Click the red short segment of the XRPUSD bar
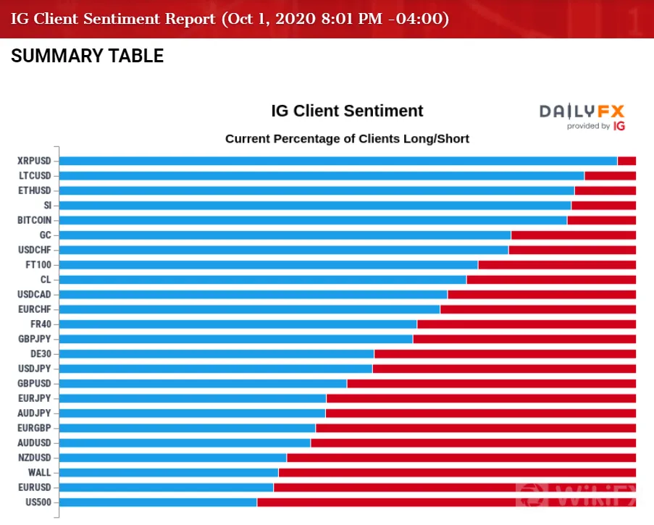point(627,161)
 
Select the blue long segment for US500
point(158,502)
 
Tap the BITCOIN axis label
point(34,220)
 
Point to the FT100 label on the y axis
point(38,265)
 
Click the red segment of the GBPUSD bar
point(492,384)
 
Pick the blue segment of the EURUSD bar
point(167,487)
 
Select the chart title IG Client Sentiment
point(347,111)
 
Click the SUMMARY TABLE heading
point(87,56)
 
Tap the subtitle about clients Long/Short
point(347,138)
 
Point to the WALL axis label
point(40,472)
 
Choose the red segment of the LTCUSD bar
point(611,176)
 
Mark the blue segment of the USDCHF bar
point(284,251)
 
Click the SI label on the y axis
point(48,206)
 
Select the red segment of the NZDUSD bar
point(462,458)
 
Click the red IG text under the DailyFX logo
point(619,126)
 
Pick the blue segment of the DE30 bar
point(217,354)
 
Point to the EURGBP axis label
point(34,428)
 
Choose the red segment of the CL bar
point(551,280)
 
